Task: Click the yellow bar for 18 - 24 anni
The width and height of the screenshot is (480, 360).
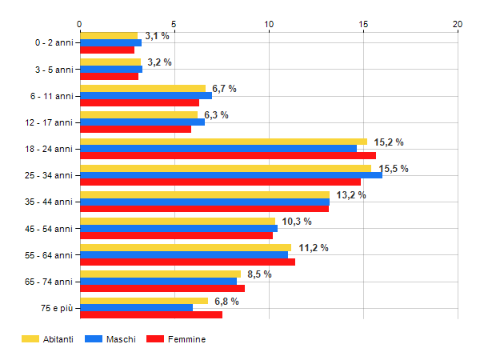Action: click(x=224, y=142)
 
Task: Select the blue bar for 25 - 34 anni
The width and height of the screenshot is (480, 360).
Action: click(x=231, y=175)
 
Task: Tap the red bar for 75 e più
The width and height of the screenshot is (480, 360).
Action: click(x=151, y=314)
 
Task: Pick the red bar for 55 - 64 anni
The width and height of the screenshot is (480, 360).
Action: click(x=188, y=262)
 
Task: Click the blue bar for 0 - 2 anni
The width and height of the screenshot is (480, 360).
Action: click(x=111, y=43)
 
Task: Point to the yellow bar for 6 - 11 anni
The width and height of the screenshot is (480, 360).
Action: click(x=143, y=89)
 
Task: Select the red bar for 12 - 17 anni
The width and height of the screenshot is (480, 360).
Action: click(x=136, y=129)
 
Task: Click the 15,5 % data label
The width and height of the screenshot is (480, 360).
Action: click(x=394, y=169)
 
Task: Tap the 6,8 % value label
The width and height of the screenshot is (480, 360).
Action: click(x=226, y=302)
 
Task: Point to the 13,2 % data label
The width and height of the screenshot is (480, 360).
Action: click(x=351, y=195)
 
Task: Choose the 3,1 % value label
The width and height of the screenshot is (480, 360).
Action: click(x=157, y=36)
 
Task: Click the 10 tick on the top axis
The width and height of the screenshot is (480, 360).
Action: click(x=269, y=24)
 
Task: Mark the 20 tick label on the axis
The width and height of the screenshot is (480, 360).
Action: click(x=458, y=24)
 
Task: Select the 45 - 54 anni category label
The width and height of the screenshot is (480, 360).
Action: click(x=49, y=229)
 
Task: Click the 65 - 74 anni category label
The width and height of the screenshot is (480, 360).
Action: click(x=49, y=282)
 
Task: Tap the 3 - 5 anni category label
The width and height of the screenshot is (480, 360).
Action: click(x=54, y=70)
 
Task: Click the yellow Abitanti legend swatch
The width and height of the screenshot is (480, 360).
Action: click(x=30, y=339)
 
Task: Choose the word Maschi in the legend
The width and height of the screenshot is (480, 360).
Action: click(x=121, y=339)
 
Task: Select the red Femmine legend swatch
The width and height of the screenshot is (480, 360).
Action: click(x=155, y=339)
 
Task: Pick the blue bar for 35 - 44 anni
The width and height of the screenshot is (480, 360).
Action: click(x=205, y=202)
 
